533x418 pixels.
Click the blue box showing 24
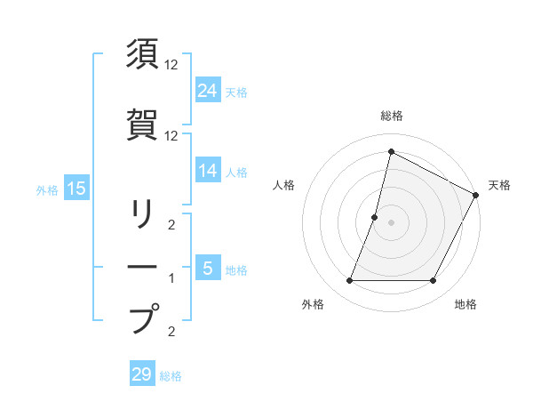point(208,90)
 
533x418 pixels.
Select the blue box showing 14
point(208,171)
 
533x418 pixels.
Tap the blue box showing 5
point(208,269)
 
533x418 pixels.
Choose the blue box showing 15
point(76,189)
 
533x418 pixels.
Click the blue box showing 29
point(142,374)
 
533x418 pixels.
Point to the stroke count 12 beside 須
point(171,65)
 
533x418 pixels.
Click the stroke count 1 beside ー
point(171,278)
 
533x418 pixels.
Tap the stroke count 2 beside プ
point(171,332)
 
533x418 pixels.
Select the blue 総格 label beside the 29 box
point(171,376)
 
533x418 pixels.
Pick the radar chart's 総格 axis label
point(391,116)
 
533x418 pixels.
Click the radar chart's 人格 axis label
point(285,185)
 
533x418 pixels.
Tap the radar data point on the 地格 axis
point(434,281)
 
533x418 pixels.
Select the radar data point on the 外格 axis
point(349,281)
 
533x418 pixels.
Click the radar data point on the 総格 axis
point(391,151)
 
